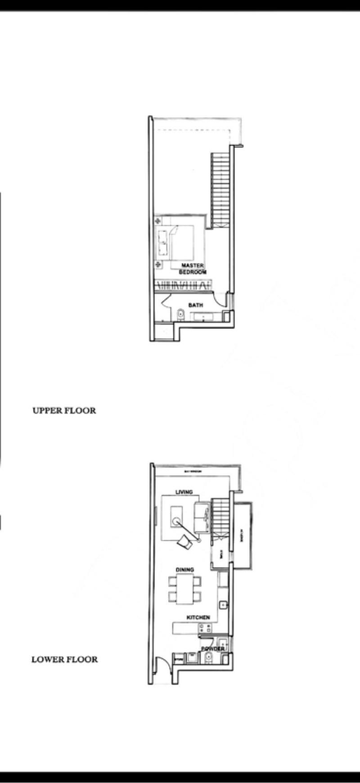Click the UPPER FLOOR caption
click(64, 410)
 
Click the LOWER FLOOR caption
click(64, 660)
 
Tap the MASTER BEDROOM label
click(193, 269)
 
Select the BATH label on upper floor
click(195, 305)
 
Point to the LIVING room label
click(184, 492)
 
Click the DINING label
click(184, 570)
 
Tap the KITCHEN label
click(198, 618)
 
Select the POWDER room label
click(212, 649)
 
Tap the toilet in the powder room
click(207, 659)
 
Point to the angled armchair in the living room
click(184, 541)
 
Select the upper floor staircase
click(220, 189)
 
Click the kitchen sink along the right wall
click(222, 604)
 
